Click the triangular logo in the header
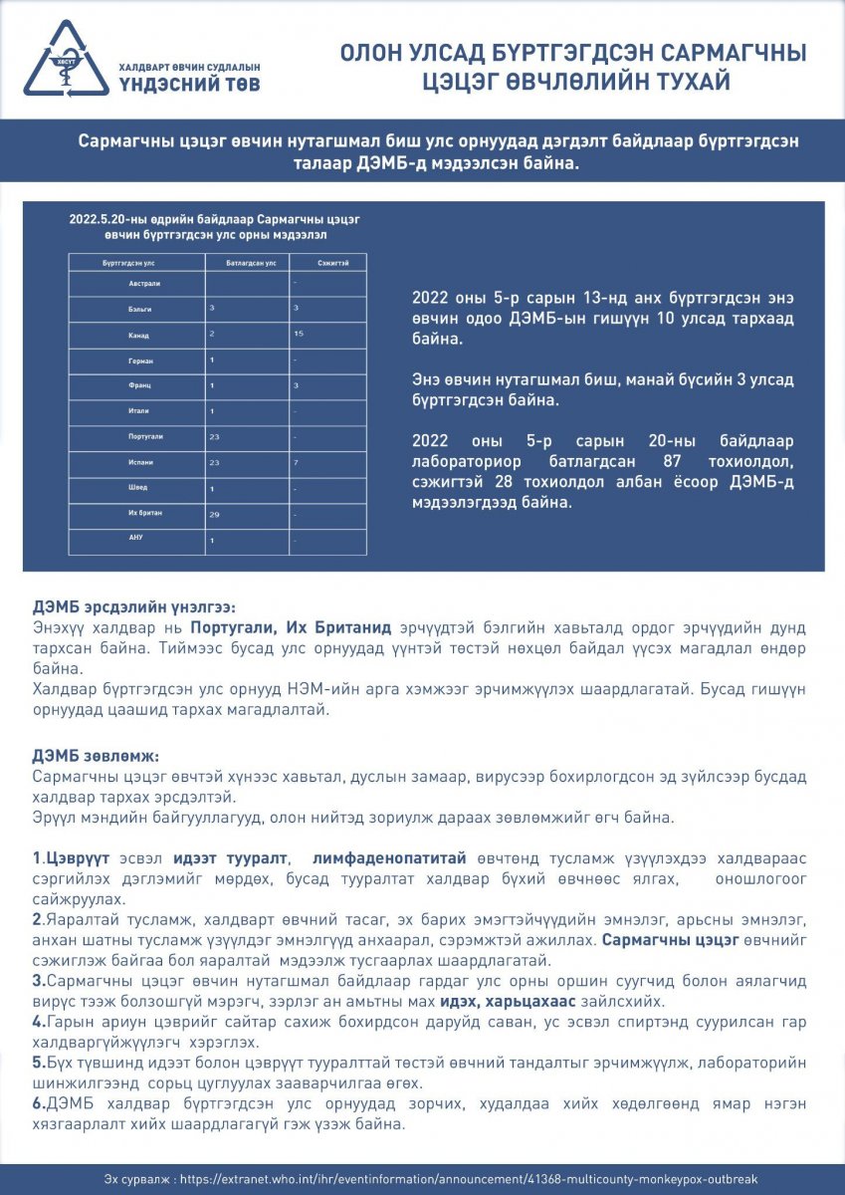[66, 58]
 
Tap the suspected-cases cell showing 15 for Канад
[299, 334]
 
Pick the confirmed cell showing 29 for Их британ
[214, 515]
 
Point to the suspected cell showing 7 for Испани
[297, 463]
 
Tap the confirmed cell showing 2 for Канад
[212, 334]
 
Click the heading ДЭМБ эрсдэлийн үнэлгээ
[134, 606]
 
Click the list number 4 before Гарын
[37, 1022]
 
